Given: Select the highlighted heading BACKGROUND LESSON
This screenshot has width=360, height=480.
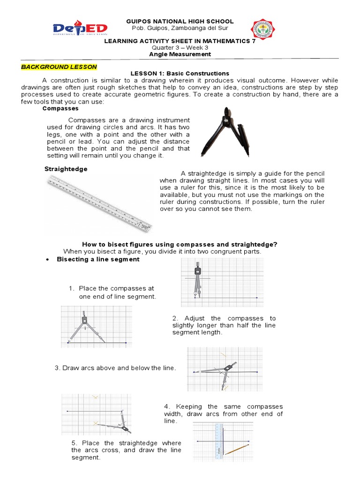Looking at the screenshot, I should [x=59, y=67].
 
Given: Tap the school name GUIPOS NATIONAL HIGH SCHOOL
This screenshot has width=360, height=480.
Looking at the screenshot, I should [x=180, y=22].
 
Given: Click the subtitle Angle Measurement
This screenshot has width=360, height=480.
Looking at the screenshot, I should [x=180, y=54].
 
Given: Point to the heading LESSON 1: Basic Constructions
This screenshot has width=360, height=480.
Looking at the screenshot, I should [x=180, y=74].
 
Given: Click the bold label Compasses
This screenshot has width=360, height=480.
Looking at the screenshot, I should [x=60, y=108].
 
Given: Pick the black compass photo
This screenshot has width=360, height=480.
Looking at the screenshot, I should [x=223, y=132].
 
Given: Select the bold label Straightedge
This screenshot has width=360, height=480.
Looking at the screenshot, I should [x=66, y=169].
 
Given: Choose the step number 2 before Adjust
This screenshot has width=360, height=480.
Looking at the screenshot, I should [x=174, y=318].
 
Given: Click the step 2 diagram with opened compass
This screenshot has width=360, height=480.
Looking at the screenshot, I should [x=96, y=327].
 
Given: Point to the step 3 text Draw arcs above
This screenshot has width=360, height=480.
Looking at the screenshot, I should [x=115, y=368].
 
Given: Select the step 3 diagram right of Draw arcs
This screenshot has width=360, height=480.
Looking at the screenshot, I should [x=225, y=369].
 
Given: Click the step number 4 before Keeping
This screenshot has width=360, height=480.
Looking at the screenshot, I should [x=166, y=406].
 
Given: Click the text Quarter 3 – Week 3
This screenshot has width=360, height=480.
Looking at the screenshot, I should [x=180, y=48].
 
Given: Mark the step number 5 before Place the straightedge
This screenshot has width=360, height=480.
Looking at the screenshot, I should [x=74, y=443].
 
